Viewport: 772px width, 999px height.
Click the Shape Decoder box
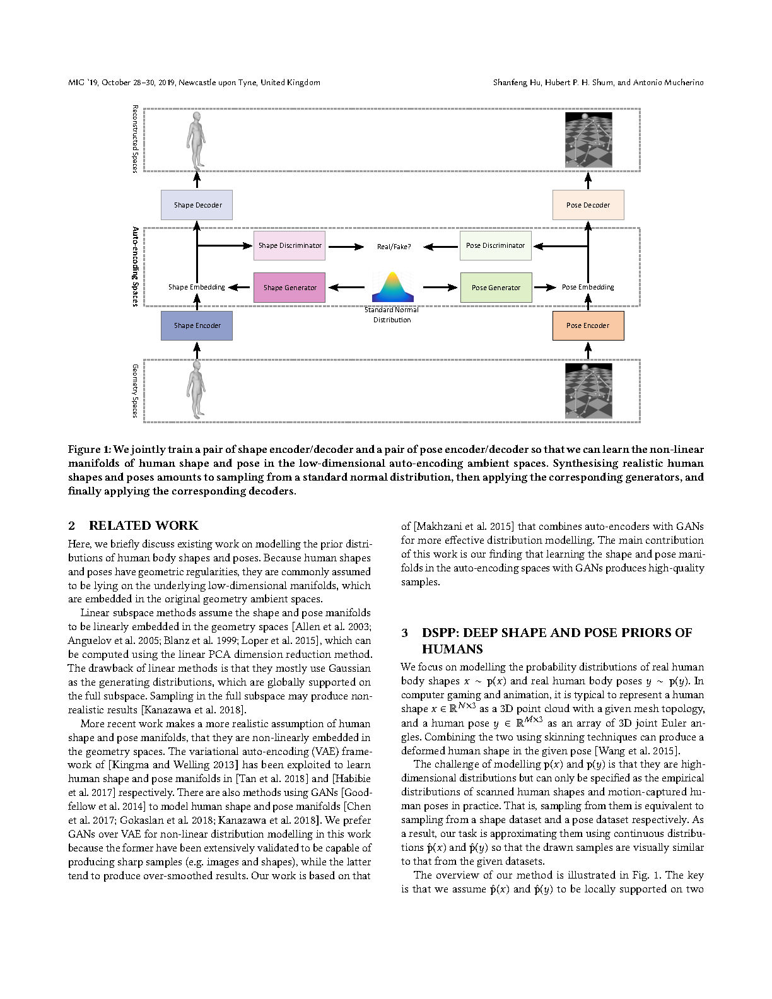(x=197, y=205)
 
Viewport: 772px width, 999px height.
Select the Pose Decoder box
(x=588, y=205)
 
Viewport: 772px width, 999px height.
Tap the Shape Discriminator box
(x=289, y=245)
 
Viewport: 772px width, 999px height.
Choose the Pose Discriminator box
(x=495, y=245)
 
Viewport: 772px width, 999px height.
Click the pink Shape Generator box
(x=289, y=288)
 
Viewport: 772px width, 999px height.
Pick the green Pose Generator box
(x=496, y=288)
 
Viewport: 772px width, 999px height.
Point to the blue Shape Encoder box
(x=197, y=325)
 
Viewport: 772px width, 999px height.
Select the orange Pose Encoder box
(x=588, y=325)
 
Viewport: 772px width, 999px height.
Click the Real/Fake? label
(x=394, y=247)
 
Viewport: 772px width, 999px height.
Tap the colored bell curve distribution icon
(x=392, y=287)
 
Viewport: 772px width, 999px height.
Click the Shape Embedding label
(x=196, y=287)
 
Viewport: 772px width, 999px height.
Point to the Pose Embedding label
(x=588, y=287)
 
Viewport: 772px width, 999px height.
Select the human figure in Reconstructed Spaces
(x=197, y=140)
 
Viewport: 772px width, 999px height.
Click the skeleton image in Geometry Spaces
(x=588, y=391)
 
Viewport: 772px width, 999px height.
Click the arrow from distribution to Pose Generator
(x=440, y=288)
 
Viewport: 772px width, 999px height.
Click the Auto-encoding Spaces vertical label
(x=135, y=267)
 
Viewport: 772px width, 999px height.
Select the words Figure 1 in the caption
(x=89, y=449)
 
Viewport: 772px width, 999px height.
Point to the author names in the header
(x=598, y=83)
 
